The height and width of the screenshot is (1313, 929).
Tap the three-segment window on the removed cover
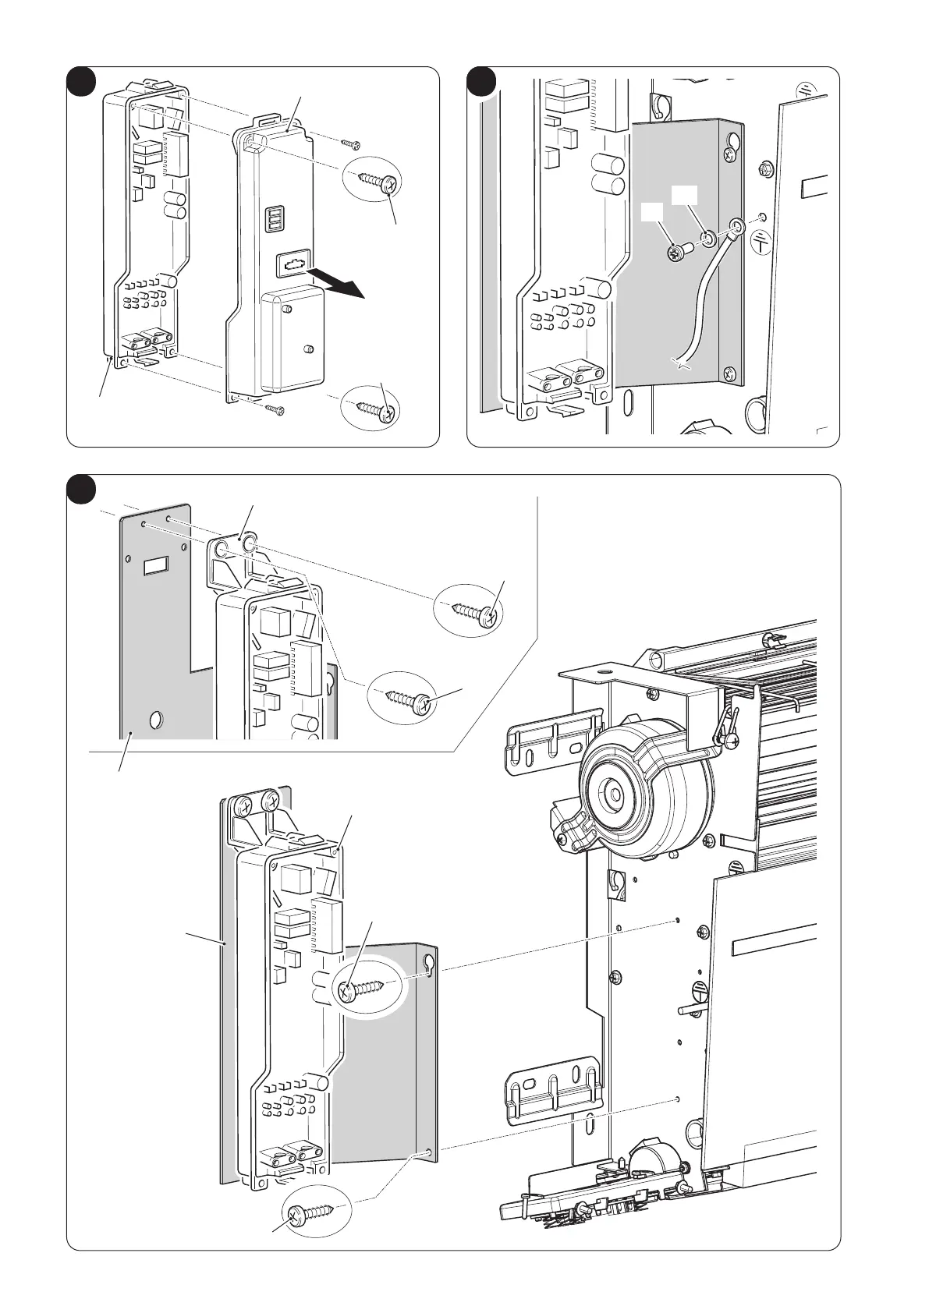click(x=275, y=220)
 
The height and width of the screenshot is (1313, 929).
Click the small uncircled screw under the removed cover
click(x=275, y=409)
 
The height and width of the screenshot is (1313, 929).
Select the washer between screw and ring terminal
click(x=707, y=237)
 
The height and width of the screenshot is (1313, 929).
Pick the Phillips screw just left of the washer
click(x=677, y=252)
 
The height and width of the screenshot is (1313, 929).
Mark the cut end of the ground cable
click(x=682, y=362)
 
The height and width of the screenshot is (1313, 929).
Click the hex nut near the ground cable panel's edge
click(x=766, y=168)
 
